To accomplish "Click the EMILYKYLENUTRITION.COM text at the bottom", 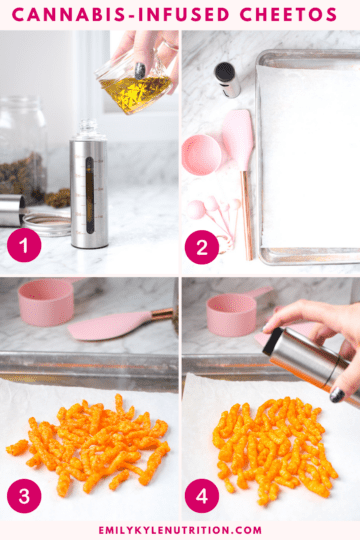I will click(x=180, y=530).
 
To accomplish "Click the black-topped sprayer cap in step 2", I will click(x=228, y=78).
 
